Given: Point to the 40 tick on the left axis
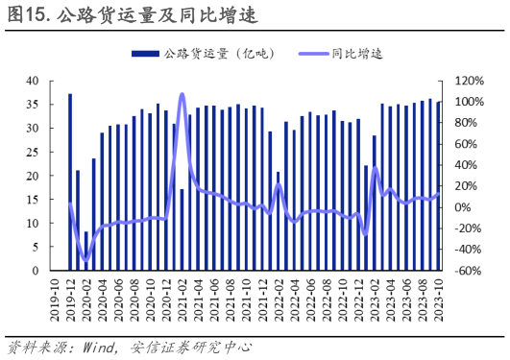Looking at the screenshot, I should (x=32, y=81).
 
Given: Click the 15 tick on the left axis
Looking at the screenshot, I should (x=32, y=200).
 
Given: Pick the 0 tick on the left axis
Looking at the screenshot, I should (x=35, y=272).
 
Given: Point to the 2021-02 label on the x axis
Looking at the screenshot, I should (x=182, y=299).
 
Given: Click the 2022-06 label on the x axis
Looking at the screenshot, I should (x=311, y=299).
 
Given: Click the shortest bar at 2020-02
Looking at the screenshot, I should (x=86, y=252).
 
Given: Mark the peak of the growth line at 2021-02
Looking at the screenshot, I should (x=182, y=94).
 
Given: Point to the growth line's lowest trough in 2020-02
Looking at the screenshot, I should (x=86, y=259).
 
